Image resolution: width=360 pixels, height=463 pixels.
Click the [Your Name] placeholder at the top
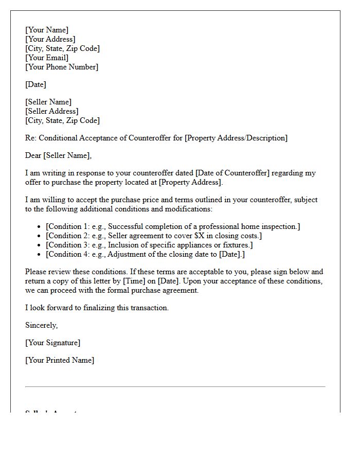tap(47, 30)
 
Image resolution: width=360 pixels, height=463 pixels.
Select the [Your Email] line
tap(47, 58)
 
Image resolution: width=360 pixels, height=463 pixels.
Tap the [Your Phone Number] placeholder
tap(62, 67)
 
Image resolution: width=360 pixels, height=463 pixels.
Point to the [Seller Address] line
tap(52, 111)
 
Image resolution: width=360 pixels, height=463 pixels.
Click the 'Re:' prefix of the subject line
tap(30, 138)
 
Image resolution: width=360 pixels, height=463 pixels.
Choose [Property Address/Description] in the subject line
tap(236, 138)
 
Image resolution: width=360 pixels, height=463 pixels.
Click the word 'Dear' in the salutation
tap(33, 155)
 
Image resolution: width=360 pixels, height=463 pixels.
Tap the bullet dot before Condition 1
tap(40, 227)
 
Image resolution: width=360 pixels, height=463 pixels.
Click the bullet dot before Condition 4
tap(40, 255)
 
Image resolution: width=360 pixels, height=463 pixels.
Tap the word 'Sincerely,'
tap(42, 325)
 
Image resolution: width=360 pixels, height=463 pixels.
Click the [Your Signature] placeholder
tap(53, 343)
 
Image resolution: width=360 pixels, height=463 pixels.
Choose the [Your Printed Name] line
tap(60, 360)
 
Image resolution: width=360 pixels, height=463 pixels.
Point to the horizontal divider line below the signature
tap(175, 386)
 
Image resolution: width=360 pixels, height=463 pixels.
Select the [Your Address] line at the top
tap(50, 39)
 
